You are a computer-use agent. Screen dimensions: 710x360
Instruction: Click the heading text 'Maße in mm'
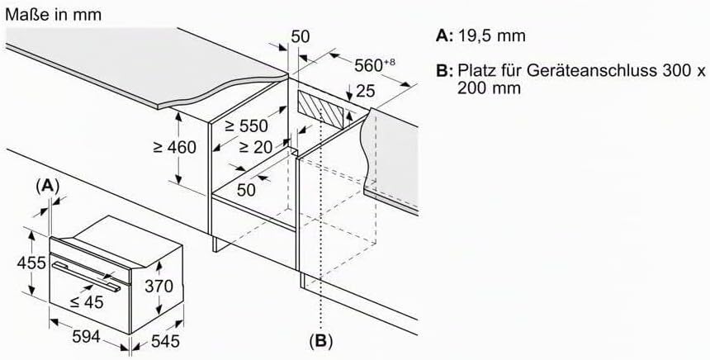53,15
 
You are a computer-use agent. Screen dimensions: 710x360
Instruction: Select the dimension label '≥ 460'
175,147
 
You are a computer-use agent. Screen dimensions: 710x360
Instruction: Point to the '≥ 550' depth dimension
247,126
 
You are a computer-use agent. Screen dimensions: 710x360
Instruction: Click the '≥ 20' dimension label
256,147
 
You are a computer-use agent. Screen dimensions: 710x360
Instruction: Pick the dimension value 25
366,91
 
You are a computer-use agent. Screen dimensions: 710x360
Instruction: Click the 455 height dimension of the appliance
32,263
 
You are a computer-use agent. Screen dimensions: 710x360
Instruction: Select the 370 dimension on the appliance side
159,287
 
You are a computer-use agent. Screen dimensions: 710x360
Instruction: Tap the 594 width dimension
86,336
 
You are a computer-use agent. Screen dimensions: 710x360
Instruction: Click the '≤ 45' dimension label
86,301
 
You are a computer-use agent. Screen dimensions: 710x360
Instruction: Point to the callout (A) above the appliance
47,186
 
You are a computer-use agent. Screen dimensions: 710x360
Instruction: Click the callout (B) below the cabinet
320,340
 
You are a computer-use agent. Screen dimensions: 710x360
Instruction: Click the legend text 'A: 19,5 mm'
480,36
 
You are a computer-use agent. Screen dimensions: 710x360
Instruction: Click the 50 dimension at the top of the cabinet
301,36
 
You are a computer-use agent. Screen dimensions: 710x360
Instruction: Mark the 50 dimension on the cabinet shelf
247,190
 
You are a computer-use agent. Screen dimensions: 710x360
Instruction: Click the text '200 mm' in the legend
489,88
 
